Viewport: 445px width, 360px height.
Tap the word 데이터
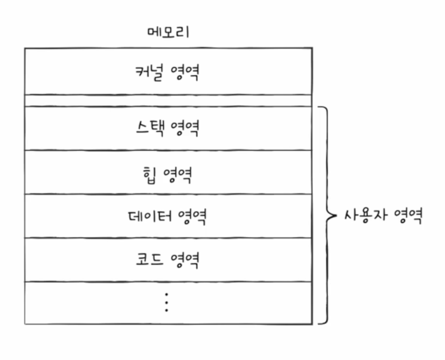[x=149, y=216]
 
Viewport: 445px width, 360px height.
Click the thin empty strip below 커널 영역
[x=168, y=100]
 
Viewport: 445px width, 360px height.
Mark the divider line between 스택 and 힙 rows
[x=168, y=150]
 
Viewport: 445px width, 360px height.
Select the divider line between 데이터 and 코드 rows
[x=168, y=237]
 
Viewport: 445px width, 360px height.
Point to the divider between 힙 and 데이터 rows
[x=168, y=194]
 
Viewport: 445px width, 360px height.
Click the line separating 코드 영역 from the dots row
[x=168, y=282]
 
